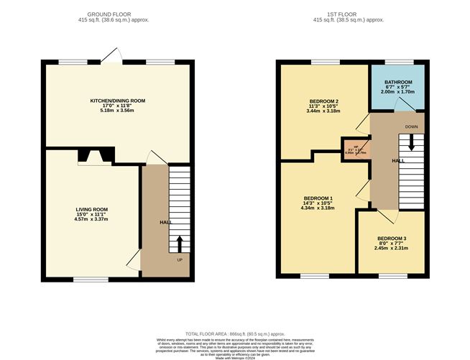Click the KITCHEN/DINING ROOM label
click(x=117, y=101)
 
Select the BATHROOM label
click(x=397, y=82)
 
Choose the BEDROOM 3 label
click(x=392, y=238)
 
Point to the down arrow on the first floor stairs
click(x=412, y=142)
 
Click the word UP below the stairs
click(x=180, y=259)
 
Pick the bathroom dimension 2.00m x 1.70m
click(x=397, y=93)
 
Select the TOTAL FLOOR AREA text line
click(x=234, y=334)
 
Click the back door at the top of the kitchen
click(x=111, y=57)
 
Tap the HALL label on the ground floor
click(x=165, y=222)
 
